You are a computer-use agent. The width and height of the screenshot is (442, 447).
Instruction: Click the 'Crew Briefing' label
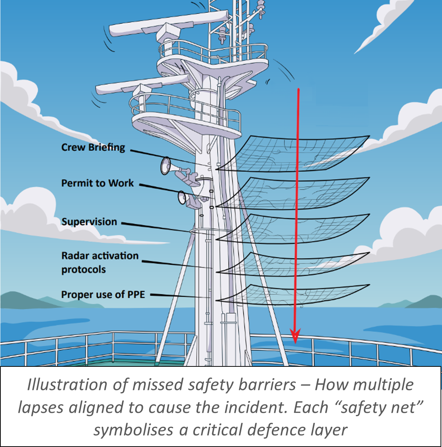pyautogui.click(x=93, y=148)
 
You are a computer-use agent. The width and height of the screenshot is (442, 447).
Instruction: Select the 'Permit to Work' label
pyautogui.click(x=97, y=183)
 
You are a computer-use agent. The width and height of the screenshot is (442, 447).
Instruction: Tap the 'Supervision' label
pyautogui.click(x=89, y=222)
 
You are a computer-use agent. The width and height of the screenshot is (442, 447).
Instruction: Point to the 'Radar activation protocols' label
pyautogui.click(x=99, y=262)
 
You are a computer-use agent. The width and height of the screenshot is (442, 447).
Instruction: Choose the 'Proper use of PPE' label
pyautogui.click(x=103, y=295)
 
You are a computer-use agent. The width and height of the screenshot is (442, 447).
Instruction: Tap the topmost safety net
pyautogui.click(x=295, y=153)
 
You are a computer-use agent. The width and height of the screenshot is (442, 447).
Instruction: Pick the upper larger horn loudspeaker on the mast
pyautogui.click(x=168, y=166)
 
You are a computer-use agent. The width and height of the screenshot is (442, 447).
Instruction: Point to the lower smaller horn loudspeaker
pyautogui.click(x=183, y=198)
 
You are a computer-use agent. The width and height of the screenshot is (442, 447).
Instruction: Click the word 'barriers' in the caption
pyautogui.click(x=267, y=385)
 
